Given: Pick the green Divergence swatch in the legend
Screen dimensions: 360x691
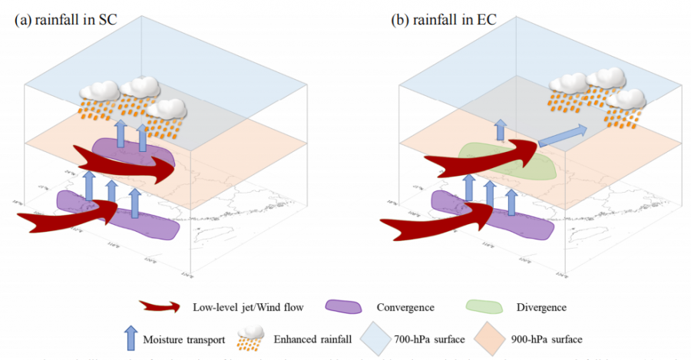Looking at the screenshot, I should [x=484, y=307].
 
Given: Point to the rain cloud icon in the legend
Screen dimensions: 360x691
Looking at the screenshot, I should [x=248, y=335].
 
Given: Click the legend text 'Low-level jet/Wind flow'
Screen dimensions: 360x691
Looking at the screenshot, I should [x=236, y=308].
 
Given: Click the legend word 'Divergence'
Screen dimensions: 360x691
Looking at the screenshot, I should [x=541, y=308].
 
